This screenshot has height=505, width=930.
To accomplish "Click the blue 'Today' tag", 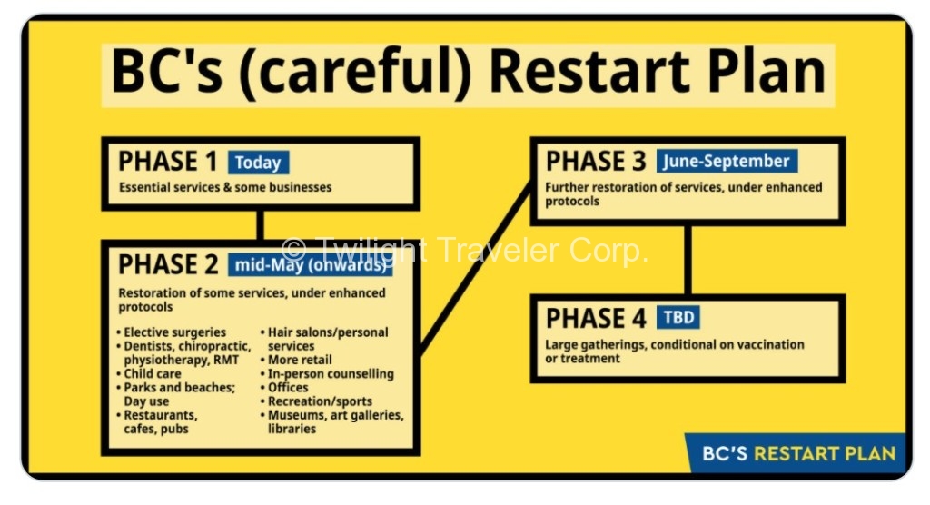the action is pyautogui.click(x=259, y=162).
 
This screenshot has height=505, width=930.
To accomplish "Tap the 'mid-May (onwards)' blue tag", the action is pyautogui.click(x=311, y=264).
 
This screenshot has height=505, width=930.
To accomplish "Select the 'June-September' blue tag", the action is pyautogui.click(x=727, y=161).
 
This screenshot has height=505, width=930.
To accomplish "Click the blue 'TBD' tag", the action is pyautogui.click(x=678, y=318).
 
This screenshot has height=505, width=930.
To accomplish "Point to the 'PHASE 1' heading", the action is pyautogui.click(x=168, y=162).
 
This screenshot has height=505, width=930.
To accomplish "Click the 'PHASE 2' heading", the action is pyautogui.click(x=168, y=264).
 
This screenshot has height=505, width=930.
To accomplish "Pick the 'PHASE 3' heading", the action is pyautogui.click(x=596, y=161).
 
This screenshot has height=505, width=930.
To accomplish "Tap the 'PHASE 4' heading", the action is pyautogui.click(x=596, y=318).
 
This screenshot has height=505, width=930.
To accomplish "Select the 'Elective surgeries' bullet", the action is pyautogui.click(x=172, y=332).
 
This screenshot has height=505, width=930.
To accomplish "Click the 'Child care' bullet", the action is pyautogui.click(x=149, y=374).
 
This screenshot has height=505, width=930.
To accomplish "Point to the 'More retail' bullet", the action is pyautogui.click(x=296, y=360).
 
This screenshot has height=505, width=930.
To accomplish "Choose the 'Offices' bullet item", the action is pyautogui.click(x=284, y=388).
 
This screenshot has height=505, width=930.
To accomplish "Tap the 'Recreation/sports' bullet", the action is pyautogui.click(x=316, y=401).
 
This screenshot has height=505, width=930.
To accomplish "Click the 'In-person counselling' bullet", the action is pyautogui.click(x=327, y=374).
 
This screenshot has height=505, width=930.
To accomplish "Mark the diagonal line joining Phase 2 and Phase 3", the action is pyautogui.click(x=476, y=268).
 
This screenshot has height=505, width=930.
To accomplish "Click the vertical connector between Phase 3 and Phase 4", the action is pyautogui.click(x=688, y=260).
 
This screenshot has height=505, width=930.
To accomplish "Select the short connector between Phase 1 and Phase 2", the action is pyautogui.click(x=260, y=225).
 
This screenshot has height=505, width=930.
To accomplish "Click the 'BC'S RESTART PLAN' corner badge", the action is pyautogui.click(x=796, y=453).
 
